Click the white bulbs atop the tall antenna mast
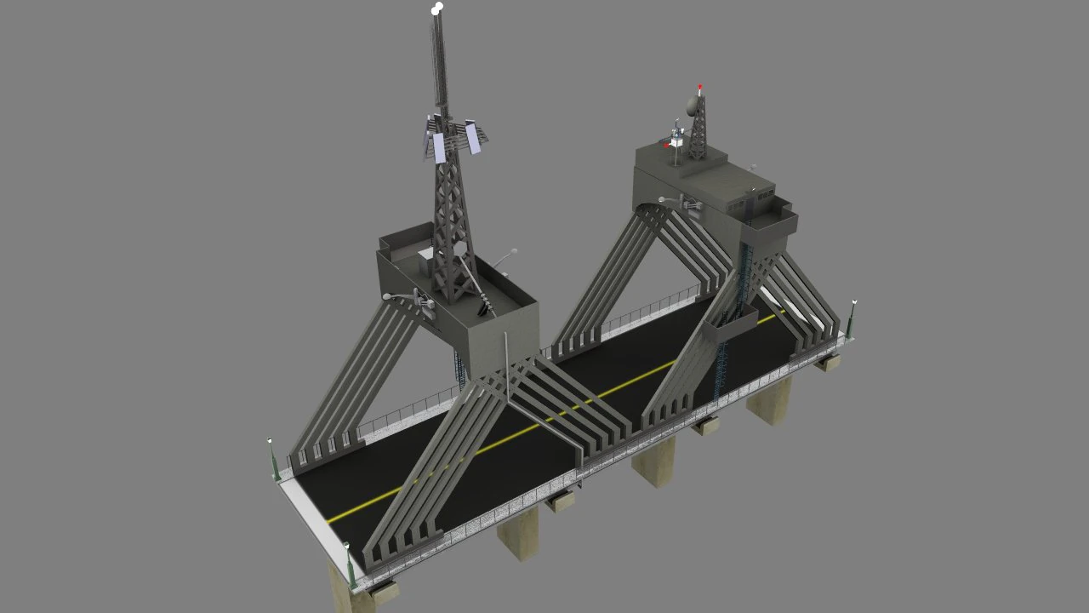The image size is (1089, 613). tap(437, 9)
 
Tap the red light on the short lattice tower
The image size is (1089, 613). tap(700, 87)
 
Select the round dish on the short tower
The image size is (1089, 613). tap(693, 106)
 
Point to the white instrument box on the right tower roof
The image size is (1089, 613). tap(676, 141)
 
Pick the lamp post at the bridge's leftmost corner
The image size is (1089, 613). tap(273, 460)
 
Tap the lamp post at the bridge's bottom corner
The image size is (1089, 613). tap(350, 565)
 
